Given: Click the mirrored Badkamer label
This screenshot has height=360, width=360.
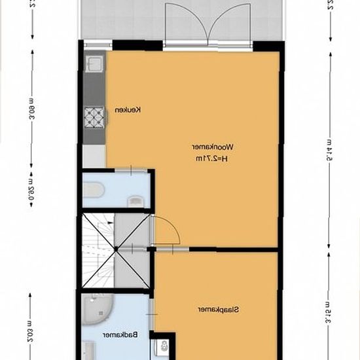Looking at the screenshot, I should (123, 334).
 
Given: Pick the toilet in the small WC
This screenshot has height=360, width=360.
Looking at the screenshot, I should (93, 190).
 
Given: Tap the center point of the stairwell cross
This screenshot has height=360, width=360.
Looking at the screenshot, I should (116, 249).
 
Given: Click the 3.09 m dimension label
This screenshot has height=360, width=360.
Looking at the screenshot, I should (31, 107).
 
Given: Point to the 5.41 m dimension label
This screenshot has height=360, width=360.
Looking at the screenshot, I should (331, 157).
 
